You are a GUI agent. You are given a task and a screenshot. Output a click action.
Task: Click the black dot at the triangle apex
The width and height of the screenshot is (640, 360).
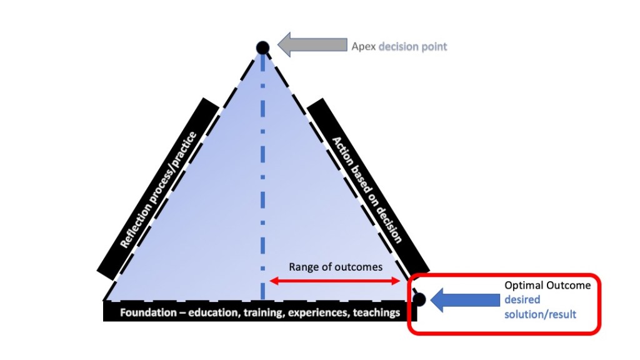262,47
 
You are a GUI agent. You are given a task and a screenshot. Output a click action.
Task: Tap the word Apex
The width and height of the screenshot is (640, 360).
363,47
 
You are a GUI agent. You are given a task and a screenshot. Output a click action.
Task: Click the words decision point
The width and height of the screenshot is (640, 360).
412,47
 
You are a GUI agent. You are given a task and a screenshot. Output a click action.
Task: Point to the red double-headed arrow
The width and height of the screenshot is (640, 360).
335,282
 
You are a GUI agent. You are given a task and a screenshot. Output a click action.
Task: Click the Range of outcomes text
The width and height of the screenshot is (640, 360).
335,267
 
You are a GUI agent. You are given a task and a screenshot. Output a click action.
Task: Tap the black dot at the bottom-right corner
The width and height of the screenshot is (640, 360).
419,299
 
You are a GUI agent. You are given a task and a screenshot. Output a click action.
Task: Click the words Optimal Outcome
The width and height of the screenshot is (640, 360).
547,286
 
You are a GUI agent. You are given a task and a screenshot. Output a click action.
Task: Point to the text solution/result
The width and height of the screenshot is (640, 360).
540,314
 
